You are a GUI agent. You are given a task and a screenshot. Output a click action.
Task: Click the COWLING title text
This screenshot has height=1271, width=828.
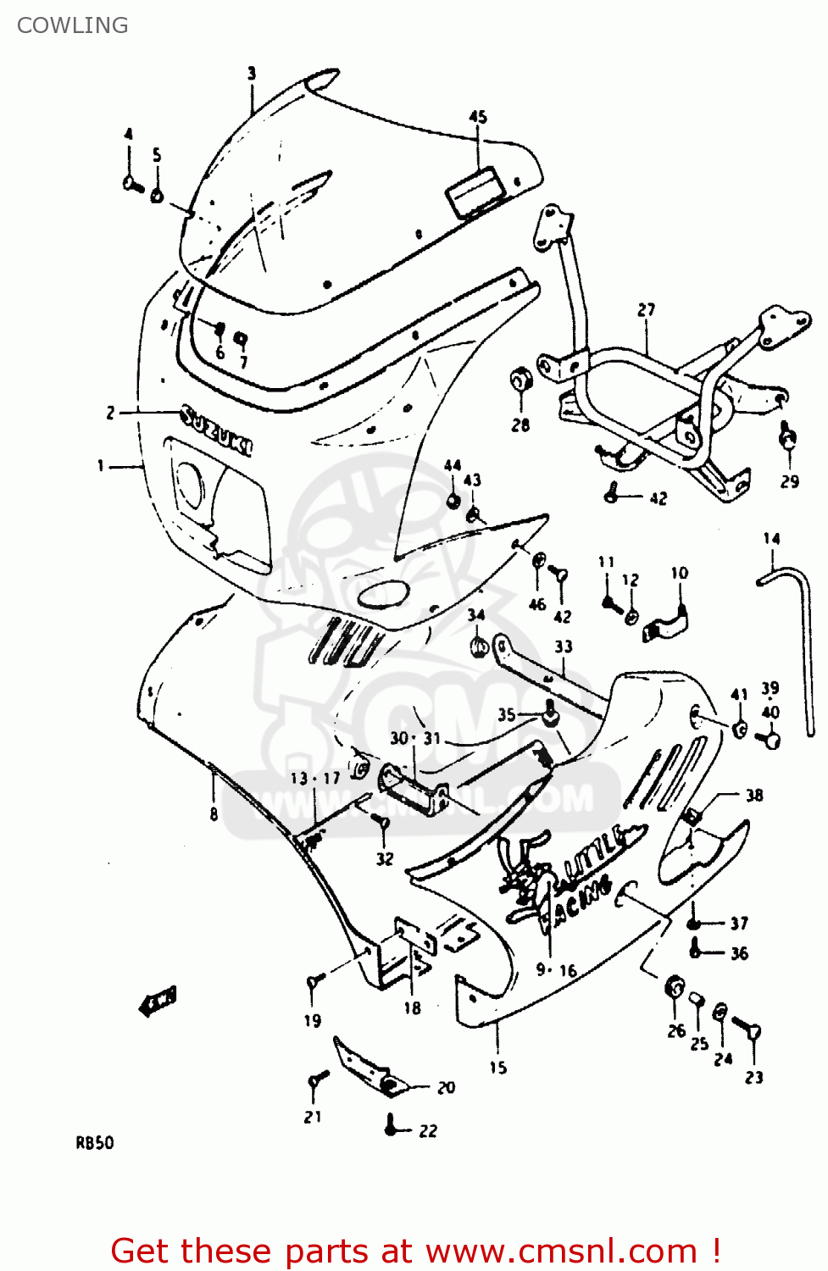click(x=73, y=25)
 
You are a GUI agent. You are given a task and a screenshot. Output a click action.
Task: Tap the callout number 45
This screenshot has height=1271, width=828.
click(x=478, y=117)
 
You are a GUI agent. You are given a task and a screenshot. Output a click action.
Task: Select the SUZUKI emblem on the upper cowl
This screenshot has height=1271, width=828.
click(x=217, y=430)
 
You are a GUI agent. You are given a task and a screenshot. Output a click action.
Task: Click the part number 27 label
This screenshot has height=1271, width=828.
click(x=647, y=310)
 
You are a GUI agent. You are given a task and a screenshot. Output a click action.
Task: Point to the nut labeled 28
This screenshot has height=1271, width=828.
click(x=520, y=380)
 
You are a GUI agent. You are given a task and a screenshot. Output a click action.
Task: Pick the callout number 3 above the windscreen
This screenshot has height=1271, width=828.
click(x=251, y=74)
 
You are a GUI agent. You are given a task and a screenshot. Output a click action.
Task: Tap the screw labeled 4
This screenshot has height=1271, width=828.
click(x=133, y=183)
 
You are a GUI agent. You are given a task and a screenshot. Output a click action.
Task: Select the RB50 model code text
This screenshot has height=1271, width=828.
click(x=95, y=1142)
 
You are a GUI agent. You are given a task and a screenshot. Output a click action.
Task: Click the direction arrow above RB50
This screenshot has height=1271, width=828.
click(x=158, y=1001)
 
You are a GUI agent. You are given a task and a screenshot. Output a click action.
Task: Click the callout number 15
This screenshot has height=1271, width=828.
click(x=497, y=1068)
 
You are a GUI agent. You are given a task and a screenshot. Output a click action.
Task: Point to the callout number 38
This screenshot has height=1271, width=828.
click(x=753, y=795)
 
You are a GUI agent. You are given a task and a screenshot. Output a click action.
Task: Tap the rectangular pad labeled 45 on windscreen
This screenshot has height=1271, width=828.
click(x=475, y=193)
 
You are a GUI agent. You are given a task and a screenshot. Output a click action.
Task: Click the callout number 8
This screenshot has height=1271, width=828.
click(x=214, y=813)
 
